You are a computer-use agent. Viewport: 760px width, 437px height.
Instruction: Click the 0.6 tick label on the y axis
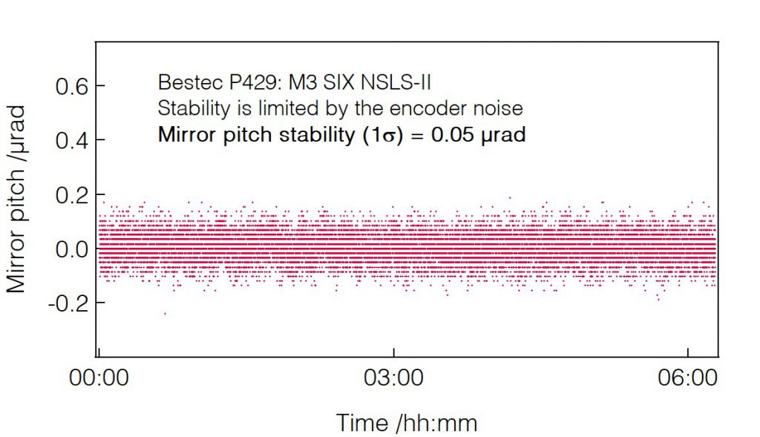click(x=71, y=87)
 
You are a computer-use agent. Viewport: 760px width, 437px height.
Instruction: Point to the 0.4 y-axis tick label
click(x=71, y=141)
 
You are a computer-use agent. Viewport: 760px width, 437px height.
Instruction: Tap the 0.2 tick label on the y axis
click(x=71, y=195)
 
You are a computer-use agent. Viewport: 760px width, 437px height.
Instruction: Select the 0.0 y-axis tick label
click(x=71, y=249)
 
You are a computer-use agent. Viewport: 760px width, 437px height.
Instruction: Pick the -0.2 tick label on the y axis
click(x=67, y=303)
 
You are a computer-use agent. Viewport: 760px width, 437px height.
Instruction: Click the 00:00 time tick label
click(x=99, y=378)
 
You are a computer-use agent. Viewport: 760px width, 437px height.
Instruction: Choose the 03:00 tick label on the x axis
click(x=393, y=378)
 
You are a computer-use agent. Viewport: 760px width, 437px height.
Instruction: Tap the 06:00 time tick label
click(x=688, y=378)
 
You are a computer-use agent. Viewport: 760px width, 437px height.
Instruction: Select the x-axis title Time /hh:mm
click(x=407, y=423)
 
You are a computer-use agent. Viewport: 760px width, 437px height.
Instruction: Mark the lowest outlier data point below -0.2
click(x=165, y=314)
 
